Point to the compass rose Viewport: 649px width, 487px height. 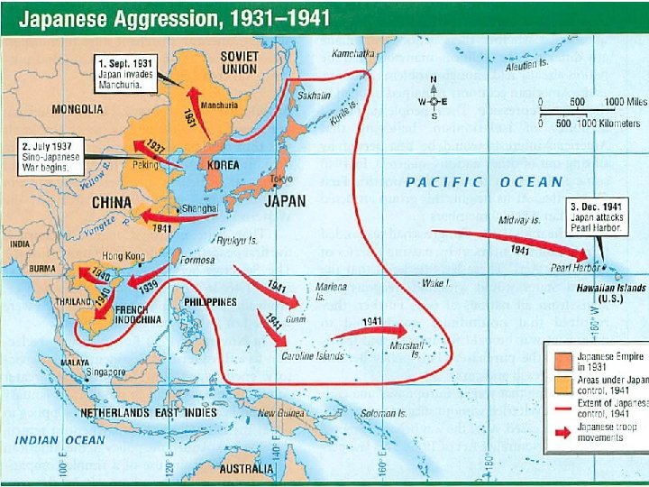tap(434, 100)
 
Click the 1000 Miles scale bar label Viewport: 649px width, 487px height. tap(626, 103)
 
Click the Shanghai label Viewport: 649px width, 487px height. tap(200, 208)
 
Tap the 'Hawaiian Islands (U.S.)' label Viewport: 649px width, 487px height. tap(611, 293)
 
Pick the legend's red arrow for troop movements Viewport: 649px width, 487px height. tap(558, 433)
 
